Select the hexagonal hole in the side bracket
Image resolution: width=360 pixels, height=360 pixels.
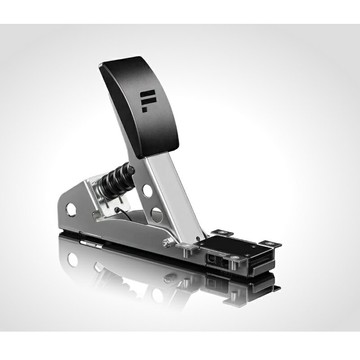coord(71,208)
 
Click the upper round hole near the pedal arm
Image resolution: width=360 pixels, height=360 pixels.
coord(147,190)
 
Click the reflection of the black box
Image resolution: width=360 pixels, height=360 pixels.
coord(235,285)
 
